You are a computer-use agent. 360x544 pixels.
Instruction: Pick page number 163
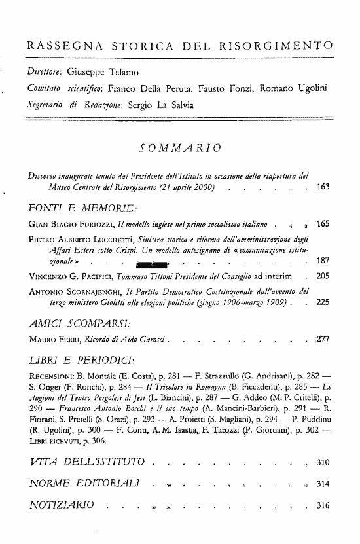pyautogui.click(x=323, y=188)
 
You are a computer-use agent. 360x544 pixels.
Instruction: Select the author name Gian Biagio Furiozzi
pyautogui.click(x=60, y=225)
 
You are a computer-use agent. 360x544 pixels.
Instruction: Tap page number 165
pyautogui.click(x=323, y=225)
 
